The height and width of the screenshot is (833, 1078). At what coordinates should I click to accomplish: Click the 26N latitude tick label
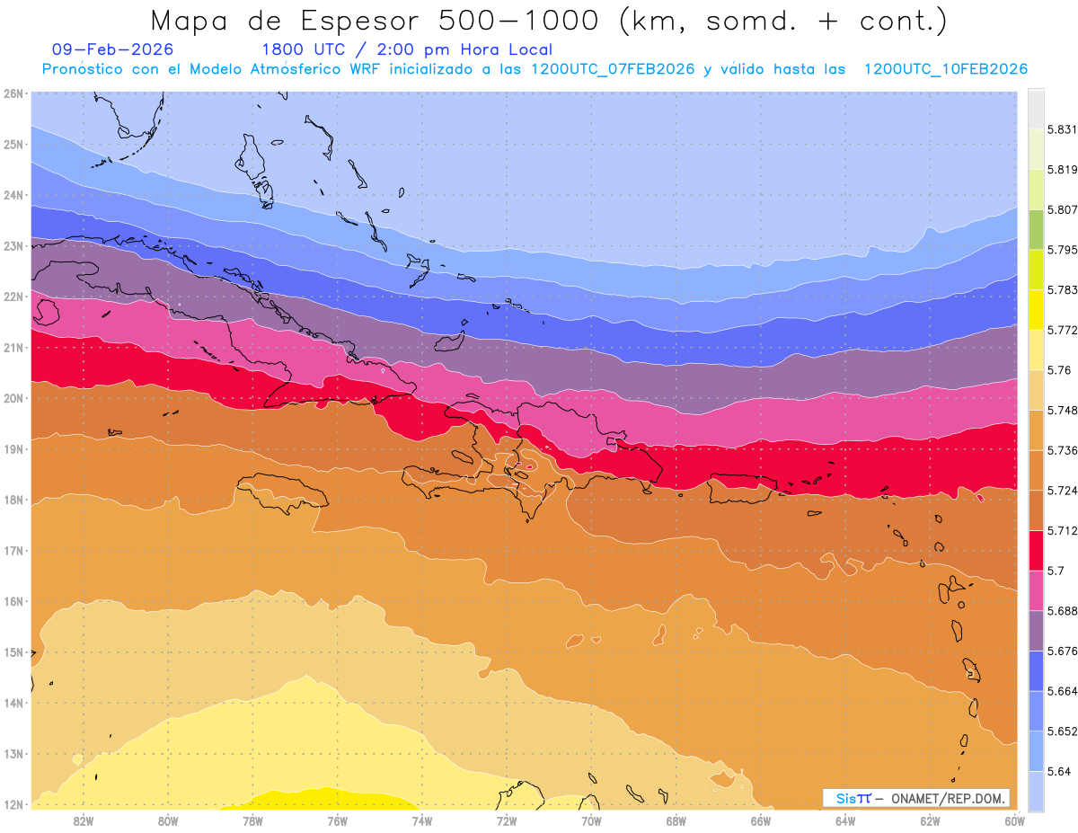pyautogui.click(x=13, y=93)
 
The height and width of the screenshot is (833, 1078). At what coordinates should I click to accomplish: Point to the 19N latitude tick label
pyautogui.click(x=13, y=448)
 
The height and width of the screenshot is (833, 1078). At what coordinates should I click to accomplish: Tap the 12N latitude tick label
pyautogui.click(x=13, y=804)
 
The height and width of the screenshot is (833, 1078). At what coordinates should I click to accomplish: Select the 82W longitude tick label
pyautogui.click(x=84, y=820)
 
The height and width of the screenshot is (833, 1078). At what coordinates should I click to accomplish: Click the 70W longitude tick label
pyautogui.click(x=591, y=820)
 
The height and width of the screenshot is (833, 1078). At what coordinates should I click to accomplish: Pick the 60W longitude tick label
pyautogui.click(x=1014, y=820)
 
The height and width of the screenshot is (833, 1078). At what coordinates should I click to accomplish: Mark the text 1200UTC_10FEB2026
pyautogui.click(x=945, y=69)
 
